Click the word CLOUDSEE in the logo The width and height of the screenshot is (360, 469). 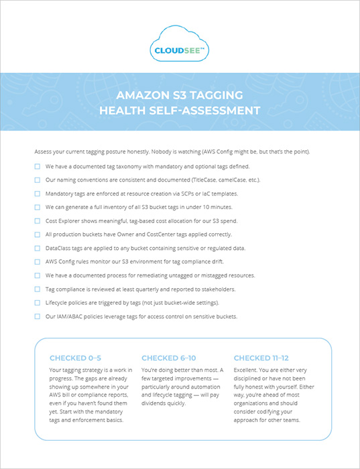point(178,49)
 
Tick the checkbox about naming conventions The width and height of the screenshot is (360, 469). point(38,180)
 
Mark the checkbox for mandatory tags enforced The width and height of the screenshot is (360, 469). point(38,193)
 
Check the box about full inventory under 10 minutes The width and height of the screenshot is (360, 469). point(38,206)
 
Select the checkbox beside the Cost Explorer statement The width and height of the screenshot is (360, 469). point(38,220)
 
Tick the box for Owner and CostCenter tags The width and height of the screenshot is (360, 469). point(38,234)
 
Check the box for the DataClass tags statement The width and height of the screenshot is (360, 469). point(38,248)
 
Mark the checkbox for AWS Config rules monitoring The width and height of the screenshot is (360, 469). point(38,261)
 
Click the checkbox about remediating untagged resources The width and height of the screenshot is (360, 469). point(38,275)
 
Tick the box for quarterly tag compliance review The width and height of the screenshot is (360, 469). point(38,289)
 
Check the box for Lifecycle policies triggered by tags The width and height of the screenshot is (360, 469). point(38,302)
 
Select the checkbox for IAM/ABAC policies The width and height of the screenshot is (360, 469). point(38,316)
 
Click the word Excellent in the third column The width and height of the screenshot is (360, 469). point(247,370)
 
